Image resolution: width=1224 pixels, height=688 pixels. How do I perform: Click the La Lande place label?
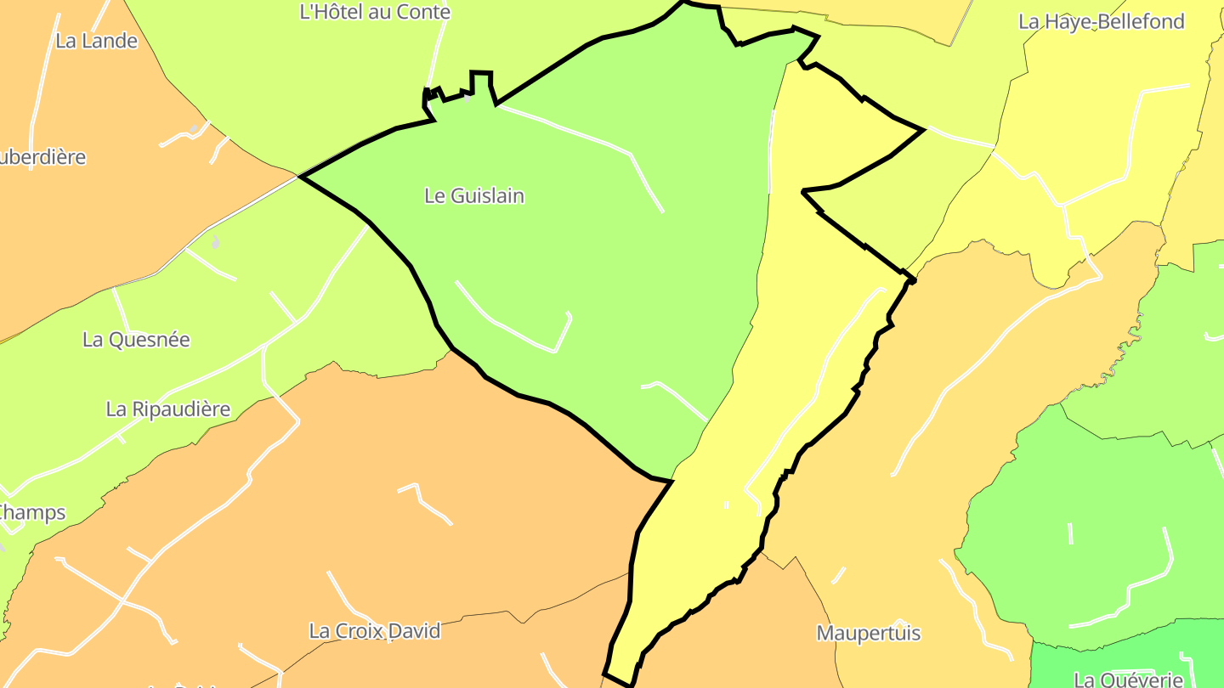(96, 41)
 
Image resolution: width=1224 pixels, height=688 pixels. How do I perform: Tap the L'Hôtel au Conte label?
(375, 12)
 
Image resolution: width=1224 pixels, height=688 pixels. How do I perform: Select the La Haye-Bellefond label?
(1101, 22)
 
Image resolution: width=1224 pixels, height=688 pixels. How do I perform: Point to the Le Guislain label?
(474, 196)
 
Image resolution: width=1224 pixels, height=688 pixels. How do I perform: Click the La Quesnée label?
(136, 340)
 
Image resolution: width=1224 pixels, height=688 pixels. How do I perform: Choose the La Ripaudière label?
(168, 409)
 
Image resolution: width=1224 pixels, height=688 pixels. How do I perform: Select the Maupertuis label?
(869, 634)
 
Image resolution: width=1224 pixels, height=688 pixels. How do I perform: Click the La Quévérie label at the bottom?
(1129, 680)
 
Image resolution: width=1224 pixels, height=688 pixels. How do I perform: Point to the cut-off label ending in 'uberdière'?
(42, 158)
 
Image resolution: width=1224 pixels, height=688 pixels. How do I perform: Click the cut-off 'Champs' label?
(32, 513)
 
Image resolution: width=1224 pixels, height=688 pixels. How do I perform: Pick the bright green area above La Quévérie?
(1096, 527)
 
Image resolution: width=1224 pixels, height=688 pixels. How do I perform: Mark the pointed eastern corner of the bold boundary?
(923, 130)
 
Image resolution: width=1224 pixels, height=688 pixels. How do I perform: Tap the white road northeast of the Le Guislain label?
(595, 144)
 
